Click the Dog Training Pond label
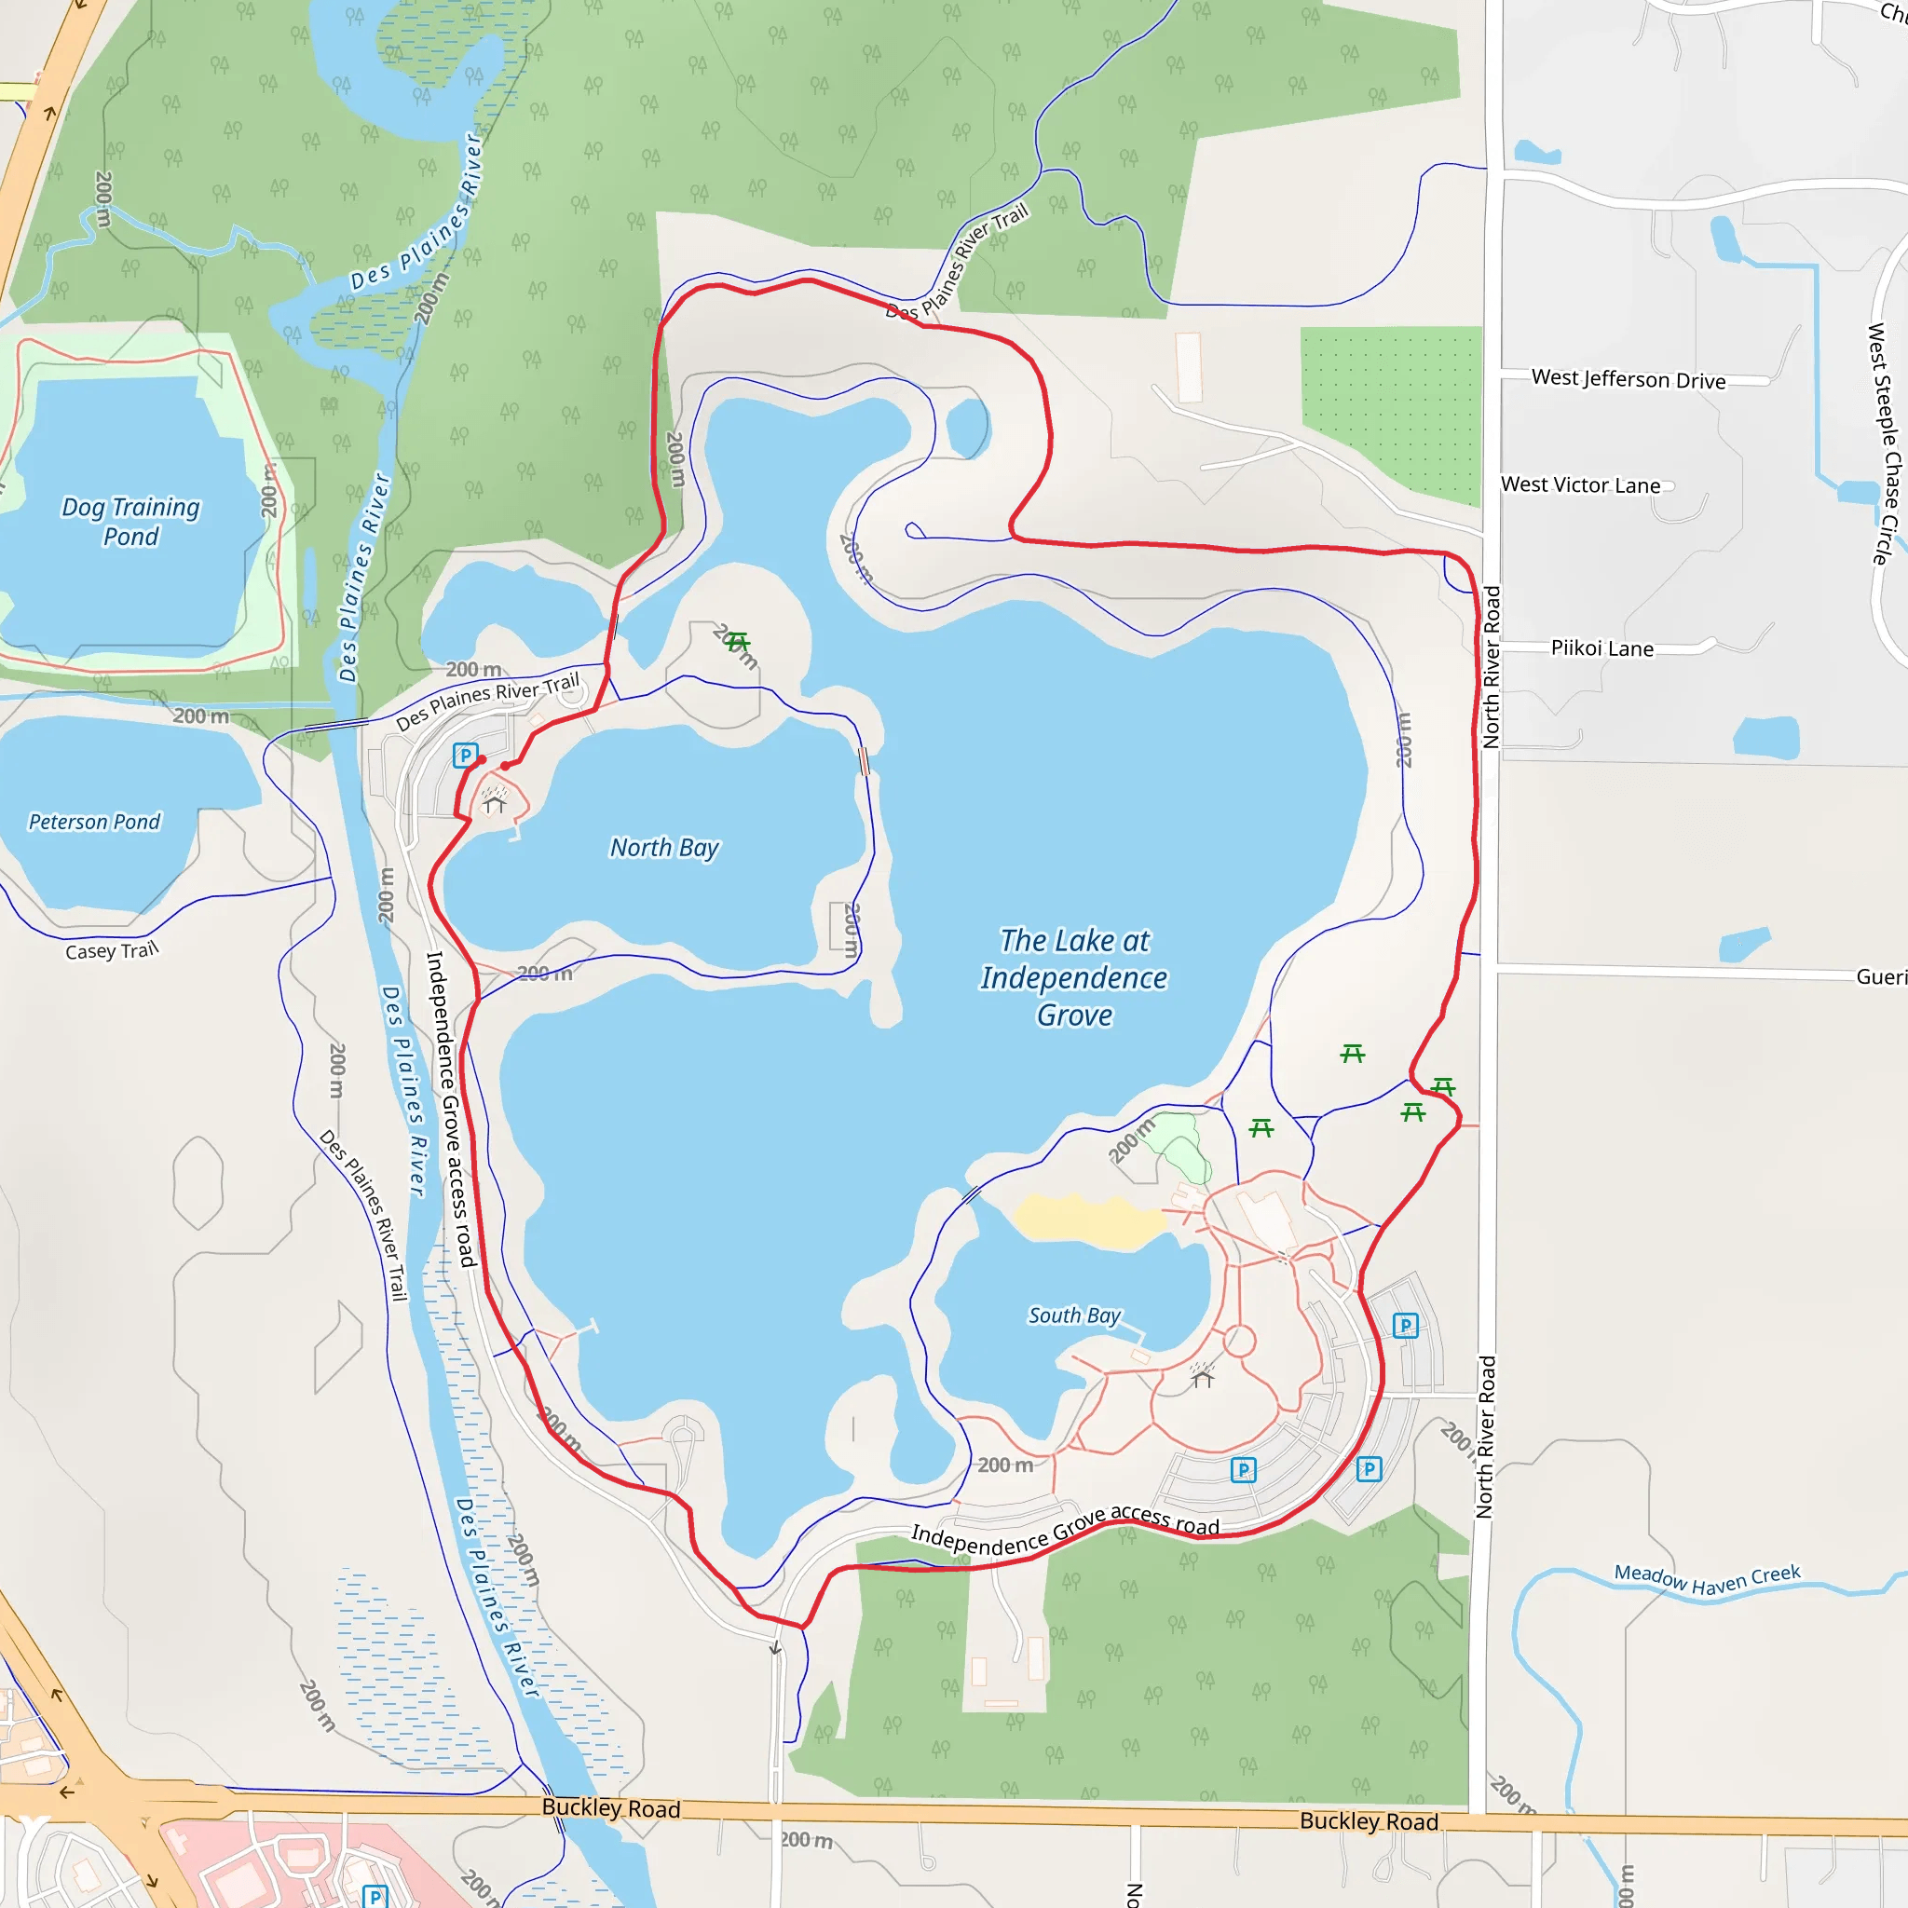click(x=130, y=522)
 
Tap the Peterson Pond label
click(x=94, y=822)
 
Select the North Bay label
click(x=664, y=848)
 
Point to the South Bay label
click(x=1074, y=1315)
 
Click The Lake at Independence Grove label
click(x=1074, y=977)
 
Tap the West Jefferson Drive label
click(x=1629, y=379)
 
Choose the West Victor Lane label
click(x=1580, y=484)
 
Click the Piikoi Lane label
click(x=1601, y=648)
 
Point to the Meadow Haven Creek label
click(x=1707, y=1579)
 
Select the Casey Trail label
click(x=112, y=951)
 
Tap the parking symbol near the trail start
click(x=465, y=756)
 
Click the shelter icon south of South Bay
click(x=1202, y=1377)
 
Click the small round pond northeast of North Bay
click(x=967, y=428)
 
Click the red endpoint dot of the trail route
click(x=482, y=759)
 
